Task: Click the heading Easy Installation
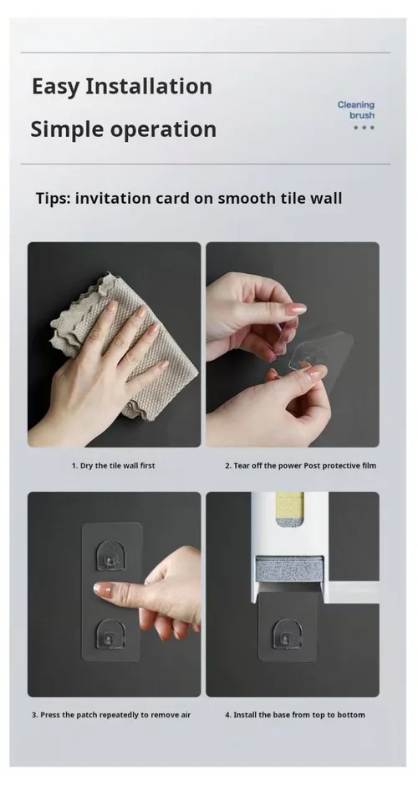pos(122,86)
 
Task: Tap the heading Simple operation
pos(123,129)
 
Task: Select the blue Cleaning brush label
pos(356,110)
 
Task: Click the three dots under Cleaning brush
pos(364,128)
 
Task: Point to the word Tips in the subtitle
pos(53,198)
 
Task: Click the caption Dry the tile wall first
pos(113,465)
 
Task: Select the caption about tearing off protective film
pos(301,465)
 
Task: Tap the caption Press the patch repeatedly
pos(111,715)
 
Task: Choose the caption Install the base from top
pos(295,715)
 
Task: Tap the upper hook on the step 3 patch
pos(111,554)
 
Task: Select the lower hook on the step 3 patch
pos(111,634)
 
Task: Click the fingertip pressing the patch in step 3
pos(101,590)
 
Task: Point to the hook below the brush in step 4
pos(288,633)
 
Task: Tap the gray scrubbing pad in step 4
pos(289,570)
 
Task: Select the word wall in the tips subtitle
pos(326,198)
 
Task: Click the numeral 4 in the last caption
pos(227,715)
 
